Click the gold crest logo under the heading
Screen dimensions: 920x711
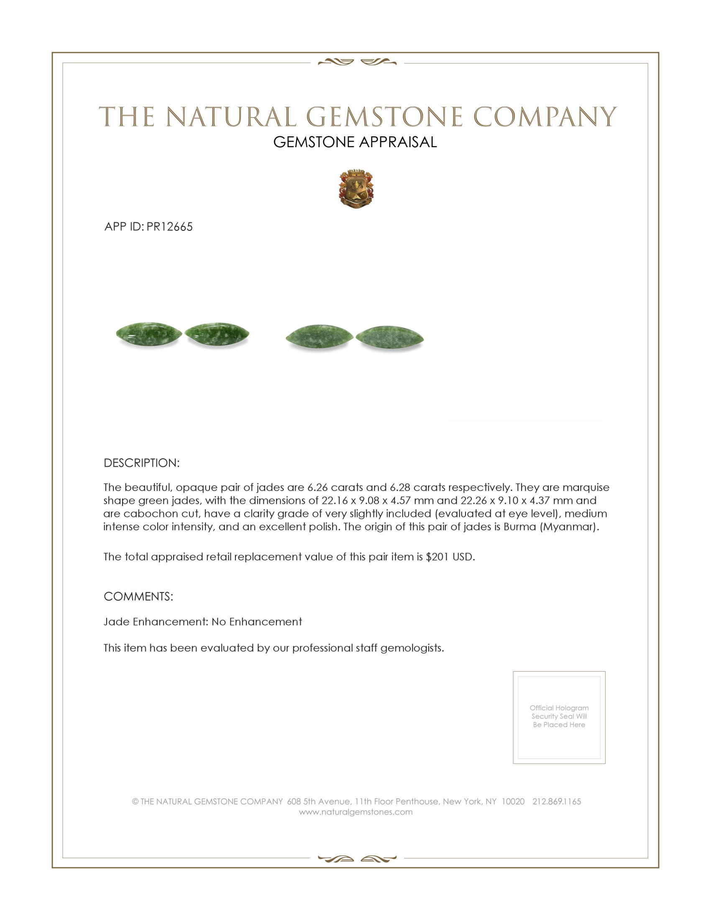pyautogui.click(x=356, y=189)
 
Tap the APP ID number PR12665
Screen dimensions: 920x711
pyautogui.click(x=169, y=227)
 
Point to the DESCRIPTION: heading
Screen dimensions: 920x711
pyautogui.click(x=141, y=463)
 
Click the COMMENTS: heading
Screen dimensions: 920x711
pyautogui.click(x=138, y=596)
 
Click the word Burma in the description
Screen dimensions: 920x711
pyautogui.click(x=519, y=527)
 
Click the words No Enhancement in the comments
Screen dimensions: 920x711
pyautogui.click(x=256, y=622)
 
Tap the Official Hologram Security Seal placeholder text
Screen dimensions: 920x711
pyautogui.click(x=559, y=716)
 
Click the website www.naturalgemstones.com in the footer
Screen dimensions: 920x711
pyautogui.click(x=355, y=812)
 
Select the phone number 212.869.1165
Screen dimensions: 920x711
pyautogui.click(x=556, y=801)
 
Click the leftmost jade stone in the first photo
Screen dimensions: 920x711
pyautogui.click(x=149, y=335)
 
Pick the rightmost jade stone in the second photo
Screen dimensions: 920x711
pyautogui.click(x=390, y=338)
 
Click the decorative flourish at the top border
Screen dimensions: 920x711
pyautogui.click(x=357, y=62)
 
